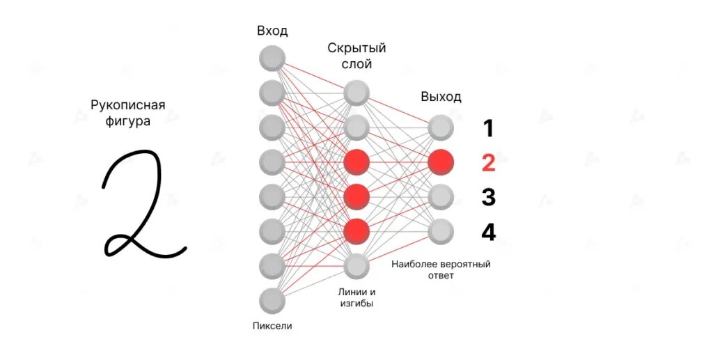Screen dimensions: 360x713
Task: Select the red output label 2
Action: coord(488,163)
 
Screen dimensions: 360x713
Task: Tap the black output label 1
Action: coord(488,128)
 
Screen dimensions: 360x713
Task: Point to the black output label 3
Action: coord(488,197)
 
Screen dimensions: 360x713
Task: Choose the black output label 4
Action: coord(488,231)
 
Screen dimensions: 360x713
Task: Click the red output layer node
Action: coord(441,162)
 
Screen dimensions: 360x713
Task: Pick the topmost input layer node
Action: coord(272,58)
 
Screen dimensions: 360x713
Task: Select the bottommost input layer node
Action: coord(272,301)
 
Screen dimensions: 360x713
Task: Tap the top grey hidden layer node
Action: coord(356,93)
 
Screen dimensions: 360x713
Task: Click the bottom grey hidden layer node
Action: coord(356,265)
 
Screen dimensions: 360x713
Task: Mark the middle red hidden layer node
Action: coord(356,197)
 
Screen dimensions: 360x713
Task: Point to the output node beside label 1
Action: coord(441,127)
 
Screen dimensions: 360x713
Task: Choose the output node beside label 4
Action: coord(441,231)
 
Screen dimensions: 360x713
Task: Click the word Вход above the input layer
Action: coord(272,31)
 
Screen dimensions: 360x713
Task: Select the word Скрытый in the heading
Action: coord(356,49)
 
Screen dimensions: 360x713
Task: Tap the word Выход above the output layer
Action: coord(441,97)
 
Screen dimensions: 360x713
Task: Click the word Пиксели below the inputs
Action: coord(272,325)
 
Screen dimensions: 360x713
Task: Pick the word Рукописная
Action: coord(128,106)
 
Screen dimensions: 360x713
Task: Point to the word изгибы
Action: coord(356,304)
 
